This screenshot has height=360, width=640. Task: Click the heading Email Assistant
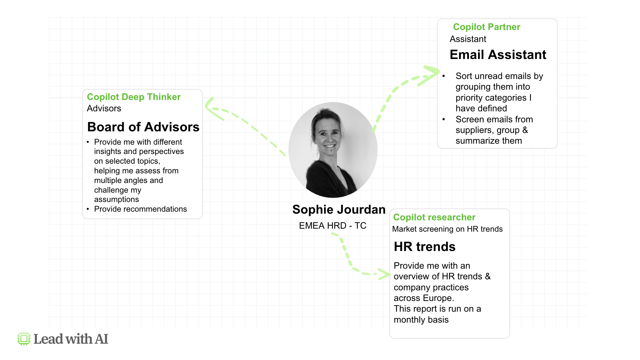tap(498, 55)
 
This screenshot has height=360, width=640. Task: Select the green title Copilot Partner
tap(486, 27)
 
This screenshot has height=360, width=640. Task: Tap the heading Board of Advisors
tap(143, 127)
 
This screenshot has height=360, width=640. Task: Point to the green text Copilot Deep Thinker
tap(134, 97)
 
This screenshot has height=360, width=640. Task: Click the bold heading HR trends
tap(425, 247)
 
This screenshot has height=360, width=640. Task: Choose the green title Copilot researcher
tap(434, 217)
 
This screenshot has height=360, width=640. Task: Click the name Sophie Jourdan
tap(339, 210)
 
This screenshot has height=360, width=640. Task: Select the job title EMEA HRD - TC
tap(333, 226)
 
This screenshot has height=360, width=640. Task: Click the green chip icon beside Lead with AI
tap(24, 339)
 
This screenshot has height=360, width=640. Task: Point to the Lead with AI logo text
tap(71, 339)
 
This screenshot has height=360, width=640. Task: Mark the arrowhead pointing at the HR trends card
tap(385, 274)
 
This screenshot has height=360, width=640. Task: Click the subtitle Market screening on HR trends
tap(447, 229)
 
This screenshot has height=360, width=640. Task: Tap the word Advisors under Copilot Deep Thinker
tap(104, 108)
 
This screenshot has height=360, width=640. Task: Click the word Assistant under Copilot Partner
tap(468, 39)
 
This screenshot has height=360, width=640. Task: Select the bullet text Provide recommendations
tap(140, 209)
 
